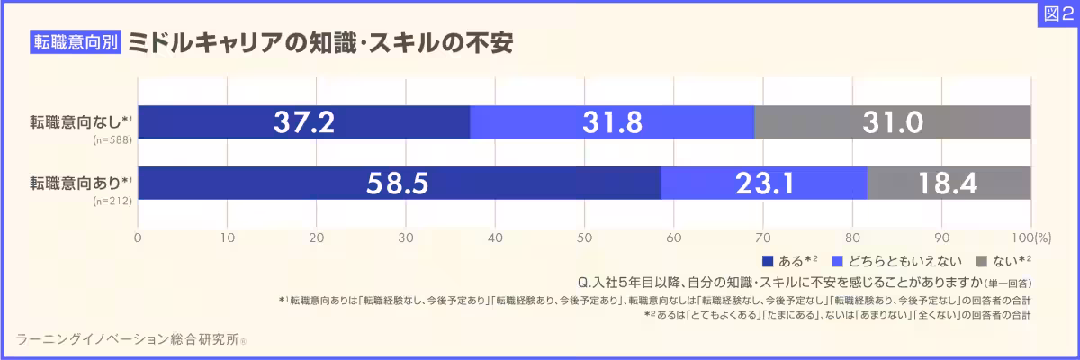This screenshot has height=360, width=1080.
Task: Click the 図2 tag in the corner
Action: [x=1057, y=13]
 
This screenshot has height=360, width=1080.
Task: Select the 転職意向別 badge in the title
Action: [x=76, y=43]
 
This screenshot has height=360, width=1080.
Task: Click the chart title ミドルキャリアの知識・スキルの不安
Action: [x=319, y=43]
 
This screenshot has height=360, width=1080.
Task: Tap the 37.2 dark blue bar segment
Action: [x=304, y=122]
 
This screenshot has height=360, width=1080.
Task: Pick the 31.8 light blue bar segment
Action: [x=612, y=122]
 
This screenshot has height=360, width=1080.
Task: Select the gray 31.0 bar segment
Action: [x=892, y=122]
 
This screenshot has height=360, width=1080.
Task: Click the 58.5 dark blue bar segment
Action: [x=399, y=184]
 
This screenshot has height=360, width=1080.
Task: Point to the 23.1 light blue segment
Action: [x=763, y=184]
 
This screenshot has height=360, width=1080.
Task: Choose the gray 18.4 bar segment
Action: [x=949, y=184]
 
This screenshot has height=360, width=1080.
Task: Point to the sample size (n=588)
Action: [x=112, y=140]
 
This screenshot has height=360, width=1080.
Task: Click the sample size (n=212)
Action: [x=112, y=202]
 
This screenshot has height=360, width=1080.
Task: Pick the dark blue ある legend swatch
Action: [x=768, y=262]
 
